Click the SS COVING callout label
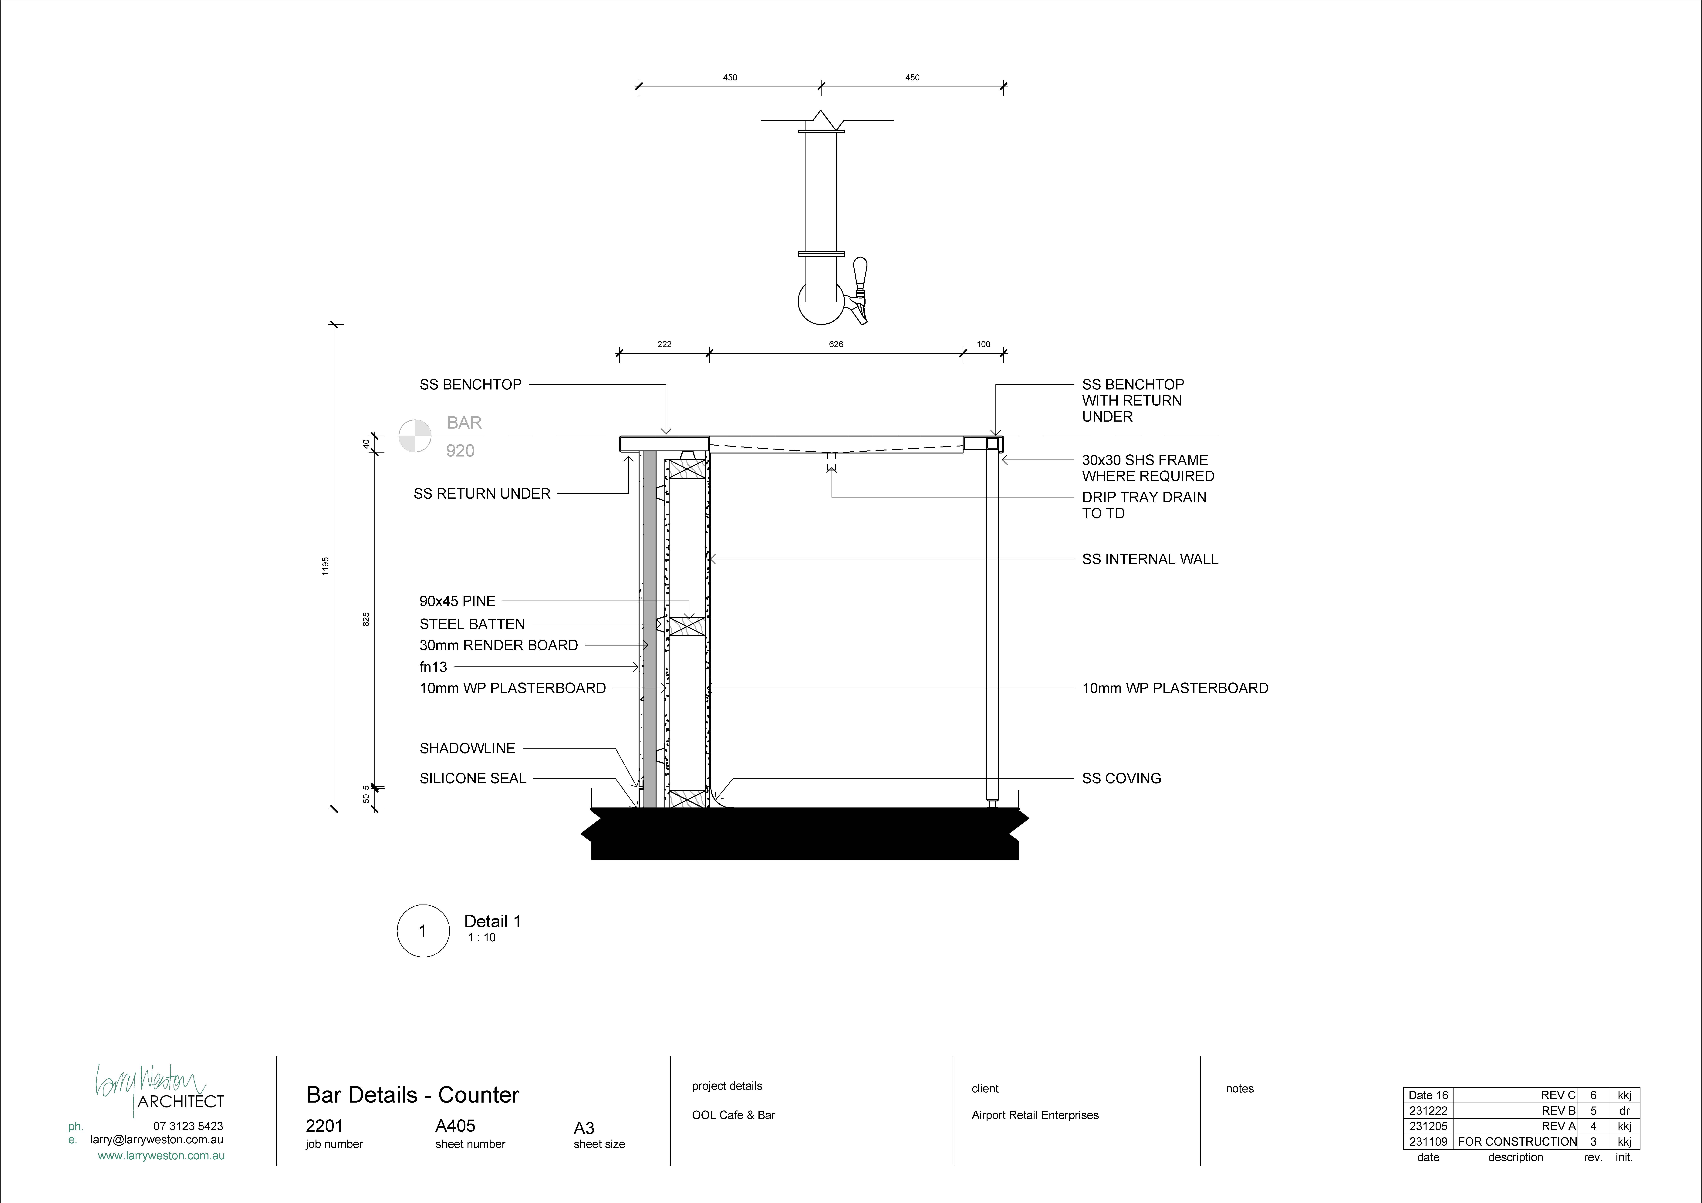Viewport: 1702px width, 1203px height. click(1121, 778)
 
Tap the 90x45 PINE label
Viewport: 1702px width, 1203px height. click(457, 601)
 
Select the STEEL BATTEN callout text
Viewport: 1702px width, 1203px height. click(472, 624)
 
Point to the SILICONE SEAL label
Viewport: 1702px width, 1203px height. click(473, 778)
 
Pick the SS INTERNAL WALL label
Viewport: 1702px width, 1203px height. click(1150, 560)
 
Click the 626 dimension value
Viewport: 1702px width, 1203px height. click(836, 344)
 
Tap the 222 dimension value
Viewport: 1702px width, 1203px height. click(664, 344)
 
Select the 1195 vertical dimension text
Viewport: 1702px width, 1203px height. click(325, 566)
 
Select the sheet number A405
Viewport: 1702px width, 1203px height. click(455, 1126)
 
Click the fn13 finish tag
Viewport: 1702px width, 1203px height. click(434, 667)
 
